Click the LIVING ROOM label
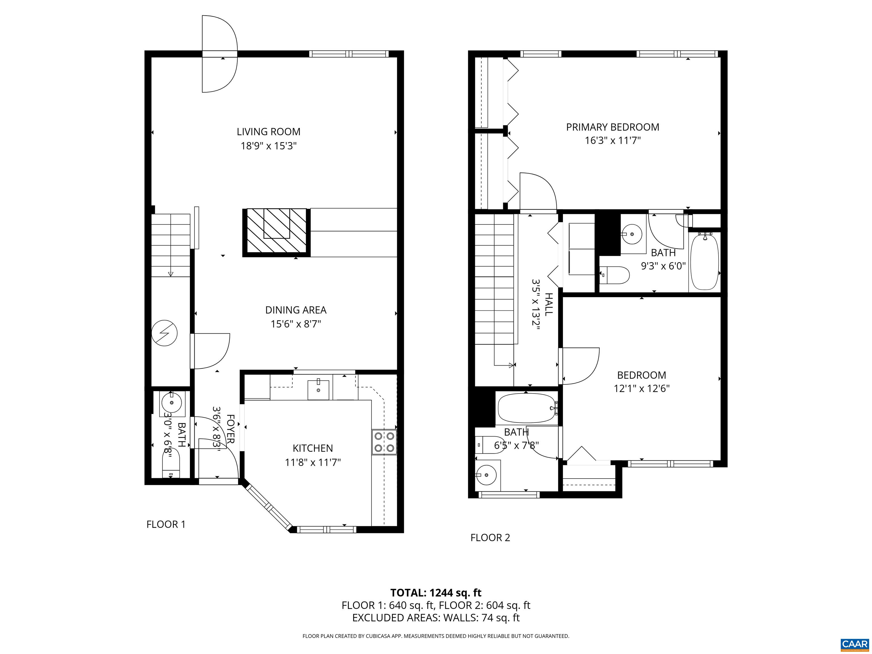pyautogui.click(x=269, y=132)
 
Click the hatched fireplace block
pyautogui.click(x=276, y=232)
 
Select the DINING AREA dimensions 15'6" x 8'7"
pyautogui.click(x=296, y=324)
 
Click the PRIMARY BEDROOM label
pyautogui.click(x=613, y=127)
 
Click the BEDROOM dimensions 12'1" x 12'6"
pyautogui.click(x=642, y=388)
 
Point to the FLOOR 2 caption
pyautogui.click(x=490, y=538)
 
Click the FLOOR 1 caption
pyautogui.click(x=165, y=524)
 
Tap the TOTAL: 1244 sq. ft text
pyautogui.click(x=436, y=592)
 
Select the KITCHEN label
pyautogui.click(x=313, y=448)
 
